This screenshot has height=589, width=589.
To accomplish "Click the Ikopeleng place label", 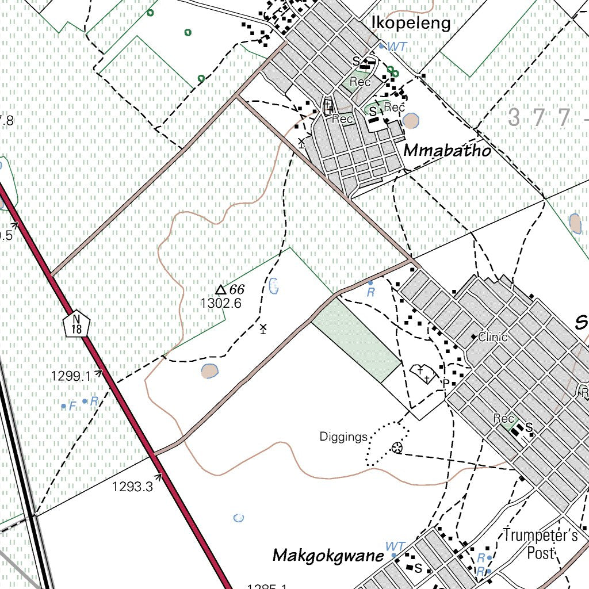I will coord(411,22).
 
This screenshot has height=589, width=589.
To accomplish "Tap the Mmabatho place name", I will coord(448,151).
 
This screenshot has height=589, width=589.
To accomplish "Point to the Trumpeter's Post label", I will coord(541,544).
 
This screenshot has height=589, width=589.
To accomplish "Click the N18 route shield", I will coord(77,324).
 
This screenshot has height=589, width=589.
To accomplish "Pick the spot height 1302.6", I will coord(221,303).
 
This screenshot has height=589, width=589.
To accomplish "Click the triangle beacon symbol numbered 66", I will coord(220,290).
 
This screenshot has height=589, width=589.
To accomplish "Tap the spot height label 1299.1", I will coord(71,376).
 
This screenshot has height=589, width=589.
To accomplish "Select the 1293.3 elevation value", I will coord(132,487).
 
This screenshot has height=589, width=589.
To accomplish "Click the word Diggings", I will coord(343,437).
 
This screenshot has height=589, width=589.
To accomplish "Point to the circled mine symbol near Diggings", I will coord(396,448).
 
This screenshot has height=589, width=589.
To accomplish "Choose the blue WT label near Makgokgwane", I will coord(395,545).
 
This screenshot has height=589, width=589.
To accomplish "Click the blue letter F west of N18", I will coord(72,406).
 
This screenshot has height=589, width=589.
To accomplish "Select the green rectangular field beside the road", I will coord(357,339).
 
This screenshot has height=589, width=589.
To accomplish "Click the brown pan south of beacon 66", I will coord(210,371).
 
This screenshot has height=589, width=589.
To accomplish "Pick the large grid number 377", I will coord(541,118).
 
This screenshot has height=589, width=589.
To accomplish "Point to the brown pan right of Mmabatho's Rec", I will coord(411,121).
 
